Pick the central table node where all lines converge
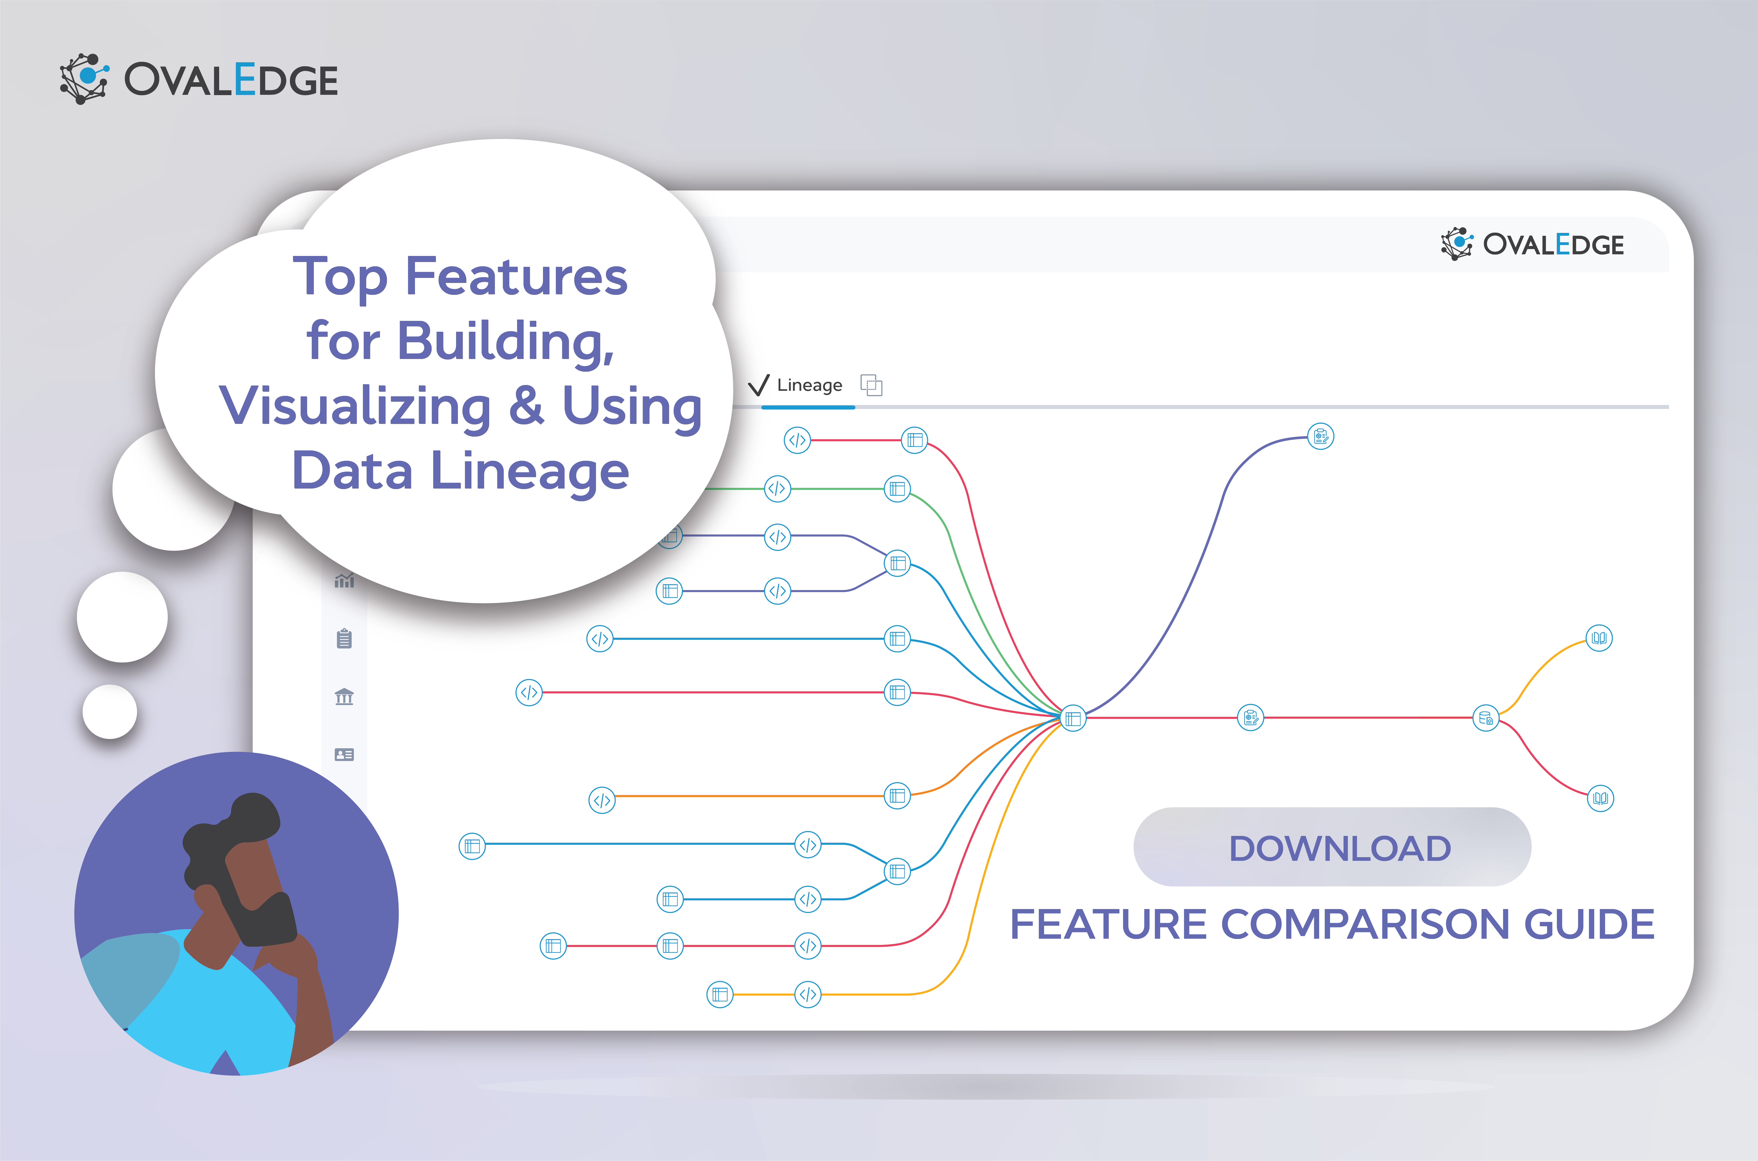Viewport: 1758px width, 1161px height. (x=1072, y=718)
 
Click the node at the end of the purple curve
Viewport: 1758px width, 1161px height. (x=1320, y=437)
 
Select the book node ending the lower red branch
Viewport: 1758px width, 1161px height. (x=1600, y=798)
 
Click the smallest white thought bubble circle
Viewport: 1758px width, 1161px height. (x=110, y=712)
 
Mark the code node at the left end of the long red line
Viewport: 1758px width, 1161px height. (x=529, y=692)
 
